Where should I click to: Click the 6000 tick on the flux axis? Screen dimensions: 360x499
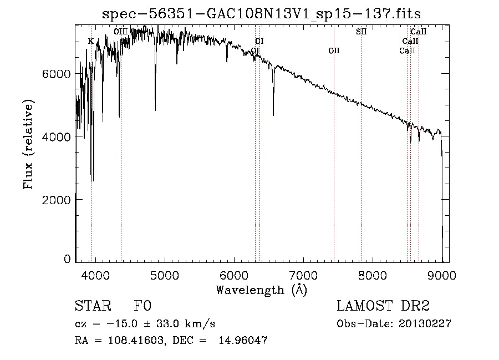point(58,74)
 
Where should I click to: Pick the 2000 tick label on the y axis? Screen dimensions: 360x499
point(58,199)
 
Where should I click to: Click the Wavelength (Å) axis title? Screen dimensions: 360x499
point(261,289)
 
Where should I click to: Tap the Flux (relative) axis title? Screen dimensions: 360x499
point(28,144)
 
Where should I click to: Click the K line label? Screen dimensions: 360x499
point(91,41)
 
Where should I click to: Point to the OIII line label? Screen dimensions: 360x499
point(121,32)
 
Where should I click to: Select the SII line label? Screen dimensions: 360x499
point(361,32)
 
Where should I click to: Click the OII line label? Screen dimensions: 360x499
point(334,51)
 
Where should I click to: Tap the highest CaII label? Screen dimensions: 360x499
point(419,32)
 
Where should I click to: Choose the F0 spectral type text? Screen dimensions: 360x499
point(142,306)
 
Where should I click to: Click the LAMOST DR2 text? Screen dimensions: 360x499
point(383,306)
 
